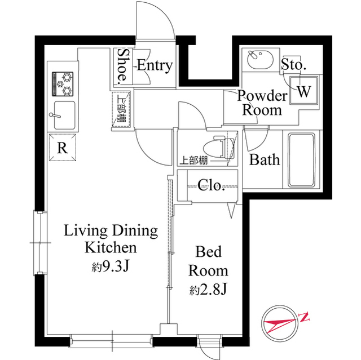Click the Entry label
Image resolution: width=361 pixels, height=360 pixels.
click(154, 65)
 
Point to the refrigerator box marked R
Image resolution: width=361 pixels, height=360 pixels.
click(63, 149)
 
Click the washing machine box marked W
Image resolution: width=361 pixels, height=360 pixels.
click(303, 90)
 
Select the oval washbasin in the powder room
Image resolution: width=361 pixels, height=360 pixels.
click(260, 58)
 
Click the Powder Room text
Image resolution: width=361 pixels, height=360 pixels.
click(262, 102)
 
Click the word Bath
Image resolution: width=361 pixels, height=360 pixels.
click(265, 160)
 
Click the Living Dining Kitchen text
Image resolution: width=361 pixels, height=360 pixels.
click(111, 239)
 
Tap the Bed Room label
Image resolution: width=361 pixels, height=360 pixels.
click(208, 260)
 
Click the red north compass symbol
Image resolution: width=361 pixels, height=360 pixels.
click(280, 323)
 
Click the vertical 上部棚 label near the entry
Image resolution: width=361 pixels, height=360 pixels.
click(122, 109)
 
